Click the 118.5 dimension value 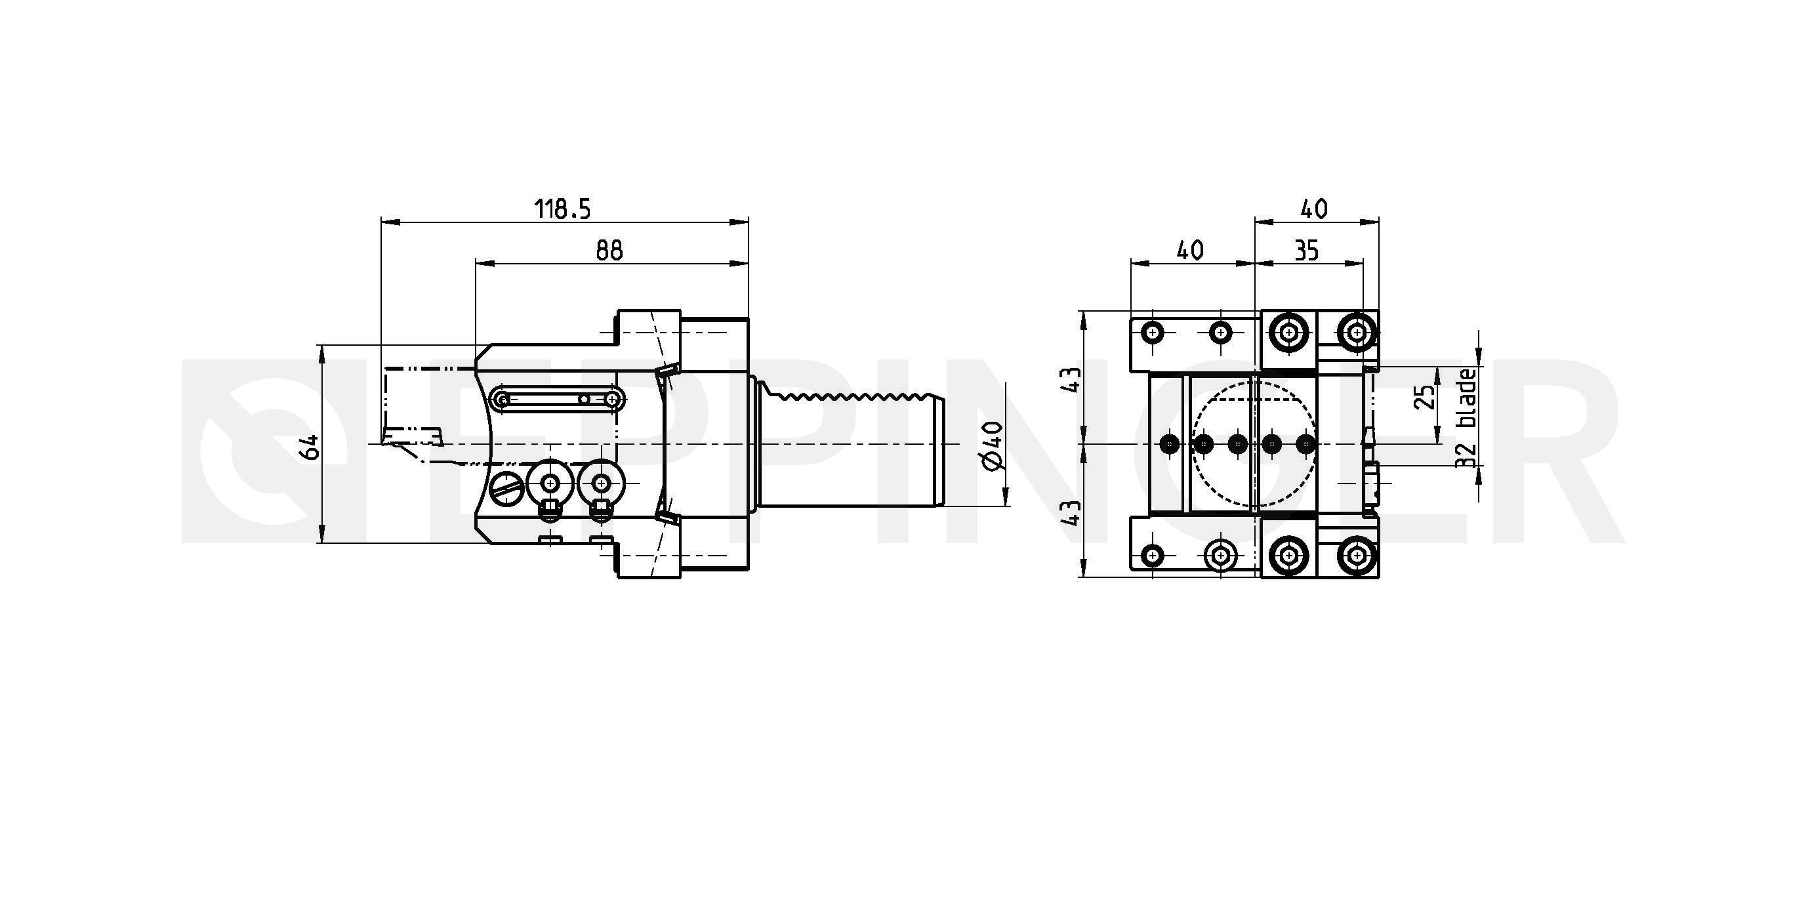[563, 209]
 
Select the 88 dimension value [609, 250]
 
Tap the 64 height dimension [310, 446]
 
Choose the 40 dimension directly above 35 [1315, 209]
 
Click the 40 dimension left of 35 [1191, 250]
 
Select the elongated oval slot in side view [558, 400]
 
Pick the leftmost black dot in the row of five [1170, 443]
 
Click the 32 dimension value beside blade [1467, 456]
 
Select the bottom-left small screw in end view [1153, 556]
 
